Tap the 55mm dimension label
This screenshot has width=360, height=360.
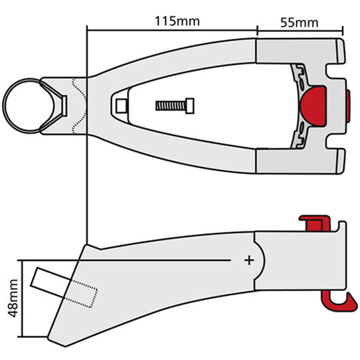coord(298,21)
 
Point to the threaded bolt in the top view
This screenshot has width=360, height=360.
coord(176,106)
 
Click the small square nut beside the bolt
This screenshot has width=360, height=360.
coord(121,106)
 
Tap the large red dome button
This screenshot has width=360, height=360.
coord(314,104)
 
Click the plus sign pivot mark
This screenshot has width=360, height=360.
coord(250,260)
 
